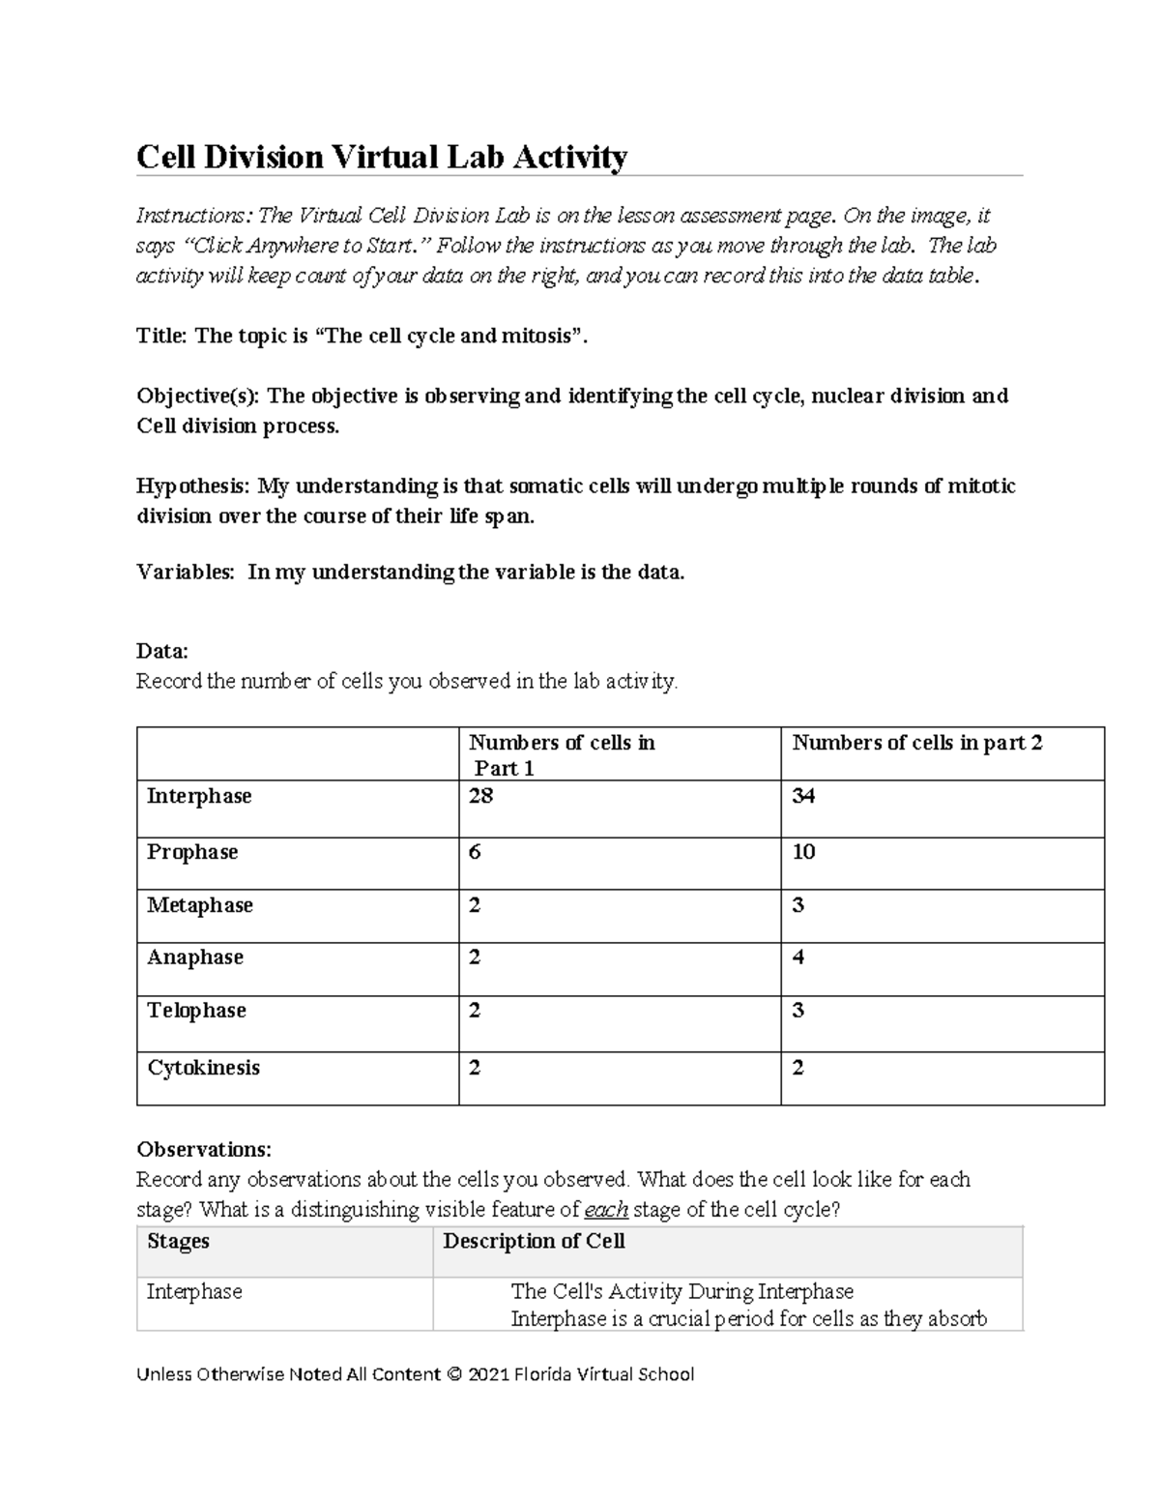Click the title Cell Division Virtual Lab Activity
coord(382,156)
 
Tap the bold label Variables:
coord(186,572)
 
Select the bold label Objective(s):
coord(198,396)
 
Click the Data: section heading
coord(162,651)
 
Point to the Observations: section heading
coord(204,1149)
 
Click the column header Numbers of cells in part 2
coord(916,743)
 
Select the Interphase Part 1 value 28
coord(480,796)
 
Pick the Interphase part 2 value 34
coord(803,796)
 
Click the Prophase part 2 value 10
coord(803,852)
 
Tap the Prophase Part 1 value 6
coord(475,852)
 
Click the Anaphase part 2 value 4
coord(798,957)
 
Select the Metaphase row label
coord(199,905)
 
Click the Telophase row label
coord(196,1011)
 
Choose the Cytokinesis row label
coord(203,1068)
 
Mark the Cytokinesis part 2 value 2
coord(798,1068)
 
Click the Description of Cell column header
coord(534,1241)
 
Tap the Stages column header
coord(178,1241)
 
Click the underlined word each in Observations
coord(607,1209)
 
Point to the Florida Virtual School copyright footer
coord(416,1374)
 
